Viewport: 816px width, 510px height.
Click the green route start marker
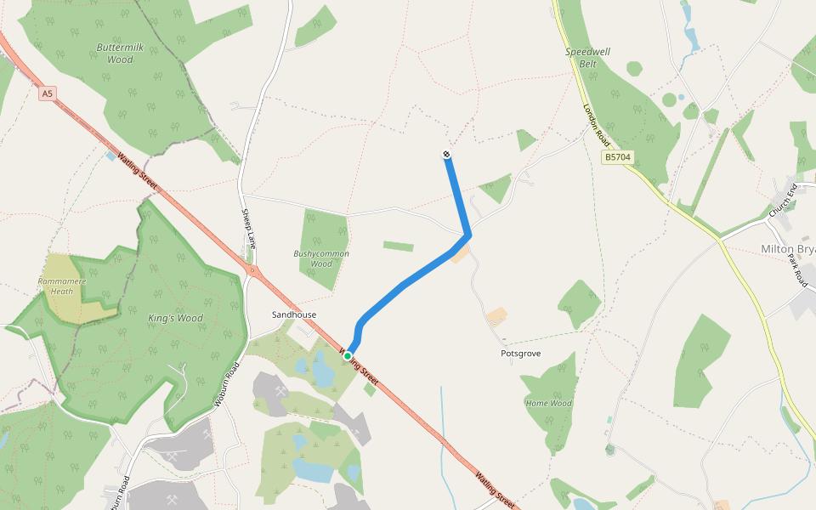348,356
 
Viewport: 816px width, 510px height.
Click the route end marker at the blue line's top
446,154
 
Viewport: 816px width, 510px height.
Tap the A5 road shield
48,93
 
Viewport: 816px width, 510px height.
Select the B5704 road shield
618,157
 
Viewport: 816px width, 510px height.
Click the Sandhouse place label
294,314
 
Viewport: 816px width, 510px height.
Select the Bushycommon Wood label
321,258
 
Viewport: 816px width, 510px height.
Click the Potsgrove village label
520,354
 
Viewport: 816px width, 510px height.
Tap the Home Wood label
548,403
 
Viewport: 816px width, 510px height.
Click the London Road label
597,122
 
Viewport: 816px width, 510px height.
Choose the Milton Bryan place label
787,248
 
